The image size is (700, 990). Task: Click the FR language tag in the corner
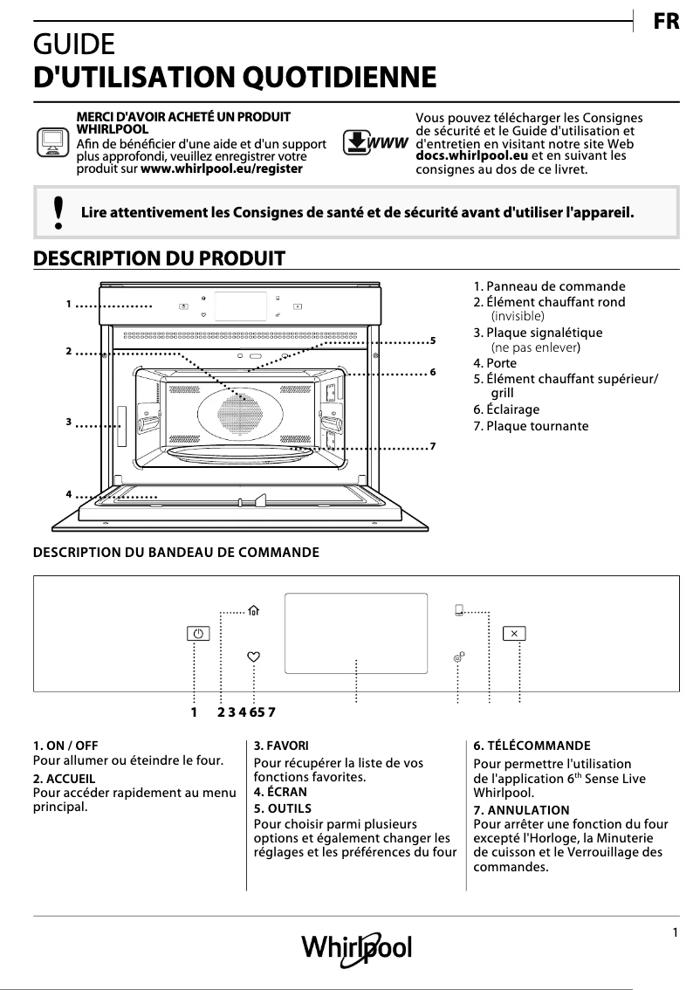(x=666, y=23)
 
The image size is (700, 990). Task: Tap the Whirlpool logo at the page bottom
(x=356, y=948)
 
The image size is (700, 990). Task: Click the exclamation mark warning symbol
(x=58, y=212)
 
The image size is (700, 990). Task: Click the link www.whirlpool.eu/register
(x=222, y=167)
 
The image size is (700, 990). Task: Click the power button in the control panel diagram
(x=199, y=635)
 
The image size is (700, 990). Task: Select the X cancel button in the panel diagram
(x=514, y=634)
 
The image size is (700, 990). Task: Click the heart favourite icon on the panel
(x=253, y=657)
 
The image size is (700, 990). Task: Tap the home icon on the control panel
(x=254, y=612)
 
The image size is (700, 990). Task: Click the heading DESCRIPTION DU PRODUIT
(x=159, y=258)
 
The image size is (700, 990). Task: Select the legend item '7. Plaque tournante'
(x=531, y=426)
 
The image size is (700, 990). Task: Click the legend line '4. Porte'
(x=495, y=363)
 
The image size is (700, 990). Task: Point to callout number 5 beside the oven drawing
(x=433, y=339)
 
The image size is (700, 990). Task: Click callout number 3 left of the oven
(x=68, y=423)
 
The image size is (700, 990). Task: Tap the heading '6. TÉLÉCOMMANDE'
(x=532, y=746)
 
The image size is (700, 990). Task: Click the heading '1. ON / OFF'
(x=65, y=746)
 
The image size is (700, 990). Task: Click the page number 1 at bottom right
(x=676, y=932)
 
